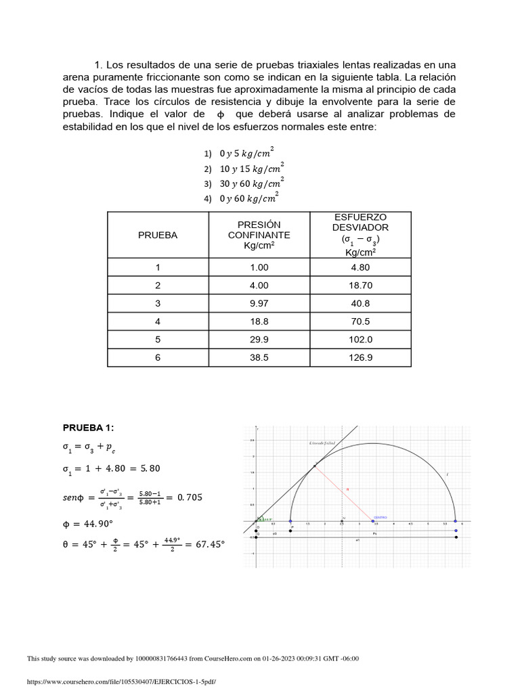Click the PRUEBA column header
pos(158,236)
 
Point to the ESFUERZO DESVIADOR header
pos(360,234)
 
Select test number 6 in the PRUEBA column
pos(158,358)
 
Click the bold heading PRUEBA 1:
pos(89,428)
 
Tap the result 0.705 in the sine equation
pos(190,498)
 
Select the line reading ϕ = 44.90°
pos(89,523)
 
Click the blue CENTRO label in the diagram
pos(381,516)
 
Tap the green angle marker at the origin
pos(265,519)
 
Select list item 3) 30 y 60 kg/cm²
pos(244,183)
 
